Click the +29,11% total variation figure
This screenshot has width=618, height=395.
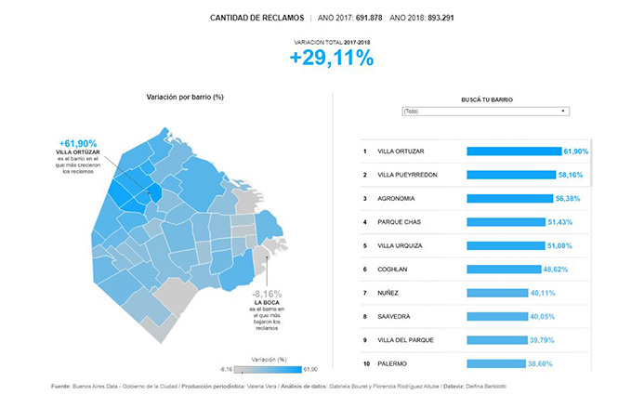coord(331,59)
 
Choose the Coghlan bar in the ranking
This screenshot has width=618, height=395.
coord(503,270)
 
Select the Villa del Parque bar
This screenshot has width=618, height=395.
coord(495,340)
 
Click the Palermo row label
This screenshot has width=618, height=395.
coord(394,363)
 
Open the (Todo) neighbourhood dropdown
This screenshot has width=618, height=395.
coord(483,112)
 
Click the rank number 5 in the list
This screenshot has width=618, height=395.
coord(366,246)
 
